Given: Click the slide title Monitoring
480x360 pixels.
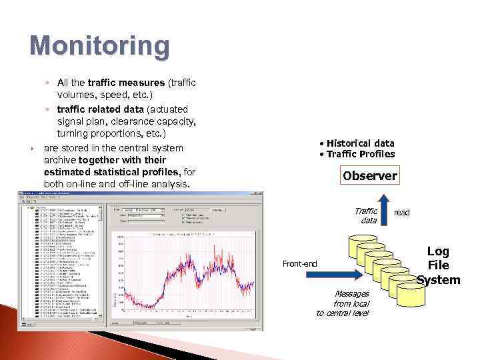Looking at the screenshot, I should [x=99, y=46].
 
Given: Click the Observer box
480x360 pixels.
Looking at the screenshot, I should [x=370, y=177].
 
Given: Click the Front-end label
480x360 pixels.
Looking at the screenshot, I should [x=300, y=263].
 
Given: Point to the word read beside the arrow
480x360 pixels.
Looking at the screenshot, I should [x=402, y=212].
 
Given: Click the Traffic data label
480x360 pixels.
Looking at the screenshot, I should [x=366, y=215].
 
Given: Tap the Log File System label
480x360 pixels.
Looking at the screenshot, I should [x=438, y=265].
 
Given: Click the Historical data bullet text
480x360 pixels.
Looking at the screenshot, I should [x=357, y=143].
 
